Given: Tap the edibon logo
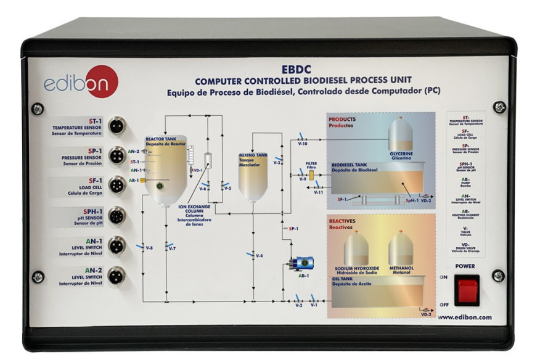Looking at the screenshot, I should [80, 83].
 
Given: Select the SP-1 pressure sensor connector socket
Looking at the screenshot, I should [116, 155].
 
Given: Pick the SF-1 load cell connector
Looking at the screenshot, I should [116, 186].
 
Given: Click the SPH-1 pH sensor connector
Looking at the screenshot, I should [116, 216].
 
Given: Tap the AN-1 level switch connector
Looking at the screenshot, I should [116, 246].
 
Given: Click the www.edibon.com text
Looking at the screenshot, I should [465, 317].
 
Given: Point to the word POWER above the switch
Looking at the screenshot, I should [465, 267].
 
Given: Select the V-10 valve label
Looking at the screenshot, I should [302, 143].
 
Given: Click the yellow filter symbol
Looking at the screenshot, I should [311, 176].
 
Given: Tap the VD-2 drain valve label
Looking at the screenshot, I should [425, 314].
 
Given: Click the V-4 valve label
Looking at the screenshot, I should [260, 255].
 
